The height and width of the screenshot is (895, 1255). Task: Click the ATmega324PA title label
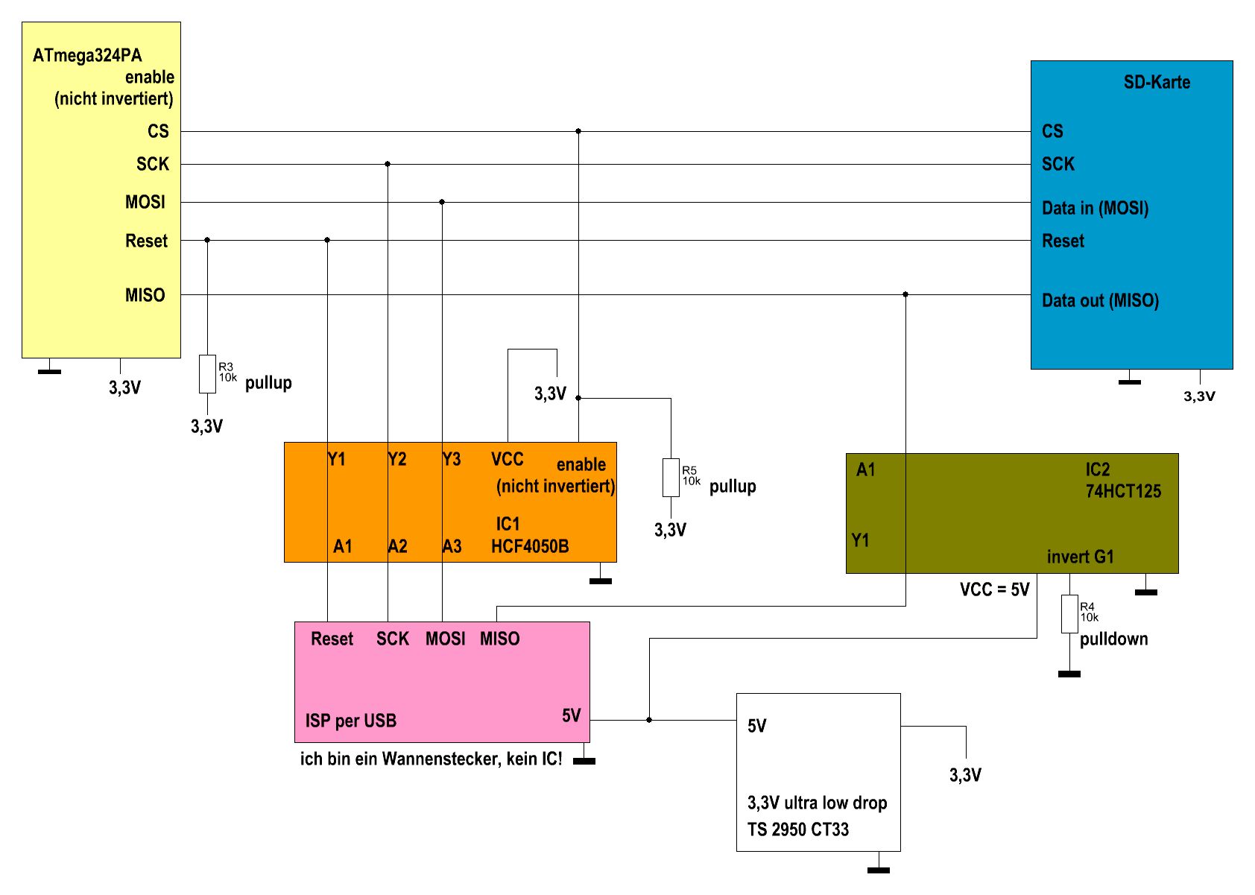(87, 55)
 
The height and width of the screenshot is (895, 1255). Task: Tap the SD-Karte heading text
(1157, 82)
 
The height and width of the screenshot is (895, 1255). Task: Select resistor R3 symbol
(207, 373)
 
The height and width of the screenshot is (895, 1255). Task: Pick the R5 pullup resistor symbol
(671, 477)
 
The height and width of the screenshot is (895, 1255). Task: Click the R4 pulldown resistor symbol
(1069, 614)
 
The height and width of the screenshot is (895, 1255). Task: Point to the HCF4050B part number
(530, 546)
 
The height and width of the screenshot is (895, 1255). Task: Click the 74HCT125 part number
(1123, 491)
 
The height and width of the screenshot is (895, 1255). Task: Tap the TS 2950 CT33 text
(798, 829)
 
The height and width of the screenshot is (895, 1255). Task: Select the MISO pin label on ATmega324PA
(145, 295)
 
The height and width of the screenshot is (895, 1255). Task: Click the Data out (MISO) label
(1100, 300)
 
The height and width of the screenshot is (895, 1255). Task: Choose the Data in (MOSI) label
(1095, 208)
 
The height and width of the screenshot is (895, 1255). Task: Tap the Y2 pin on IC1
(397, 459)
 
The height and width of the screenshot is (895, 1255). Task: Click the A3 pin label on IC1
(452, 546)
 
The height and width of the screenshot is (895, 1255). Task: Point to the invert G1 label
(1080, 557)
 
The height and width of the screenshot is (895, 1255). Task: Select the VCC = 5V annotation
(994, 589)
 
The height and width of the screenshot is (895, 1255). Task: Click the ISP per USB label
(350, 721)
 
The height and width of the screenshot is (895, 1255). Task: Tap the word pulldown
(1113, 639)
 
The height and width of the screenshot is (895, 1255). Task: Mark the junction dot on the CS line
(578, 131)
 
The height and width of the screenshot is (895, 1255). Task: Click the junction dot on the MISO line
(905, 294)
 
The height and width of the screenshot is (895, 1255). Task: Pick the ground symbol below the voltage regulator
(879, 869)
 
